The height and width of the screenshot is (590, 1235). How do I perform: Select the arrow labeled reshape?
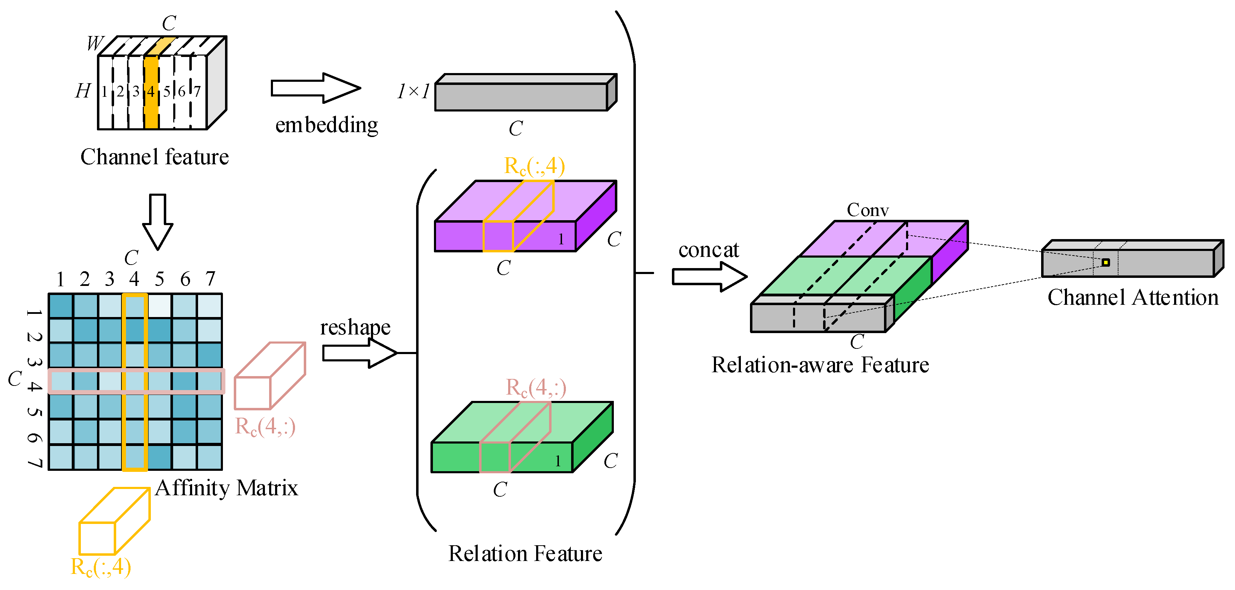359,353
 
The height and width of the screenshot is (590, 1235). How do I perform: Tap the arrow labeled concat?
710,277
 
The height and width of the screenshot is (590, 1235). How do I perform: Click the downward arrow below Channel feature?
158,222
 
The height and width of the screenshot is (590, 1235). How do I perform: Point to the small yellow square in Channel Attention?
1106,262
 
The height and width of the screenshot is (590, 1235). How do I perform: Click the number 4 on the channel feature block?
151,91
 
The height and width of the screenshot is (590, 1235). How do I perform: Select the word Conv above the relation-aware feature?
868,210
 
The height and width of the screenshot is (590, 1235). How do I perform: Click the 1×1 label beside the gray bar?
413,91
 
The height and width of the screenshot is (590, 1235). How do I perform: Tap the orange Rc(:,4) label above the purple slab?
534,166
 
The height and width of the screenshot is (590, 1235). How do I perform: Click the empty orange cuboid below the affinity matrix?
114,521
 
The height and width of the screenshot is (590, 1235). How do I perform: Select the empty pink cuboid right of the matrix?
270,376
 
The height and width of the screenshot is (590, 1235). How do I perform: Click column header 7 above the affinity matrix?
210,279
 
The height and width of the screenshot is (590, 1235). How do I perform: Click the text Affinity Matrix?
226,488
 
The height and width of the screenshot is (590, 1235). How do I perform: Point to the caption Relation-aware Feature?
820,365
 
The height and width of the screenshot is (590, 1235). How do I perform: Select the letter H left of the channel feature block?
83,91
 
